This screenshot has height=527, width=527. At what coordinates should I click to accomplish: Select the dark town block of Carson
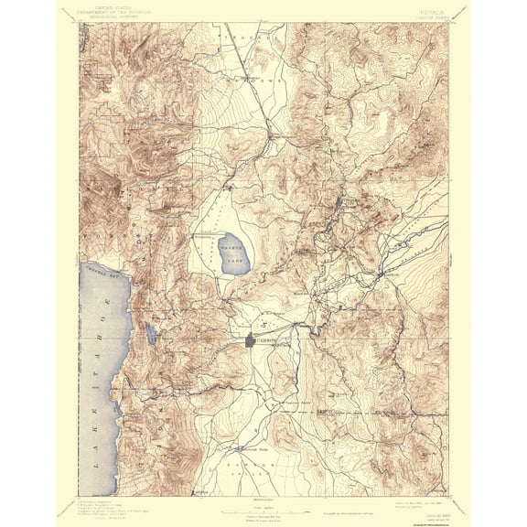coord(253,342)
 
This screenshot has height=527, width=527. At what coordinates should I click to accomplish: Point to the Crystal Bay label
coord(102,273)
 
